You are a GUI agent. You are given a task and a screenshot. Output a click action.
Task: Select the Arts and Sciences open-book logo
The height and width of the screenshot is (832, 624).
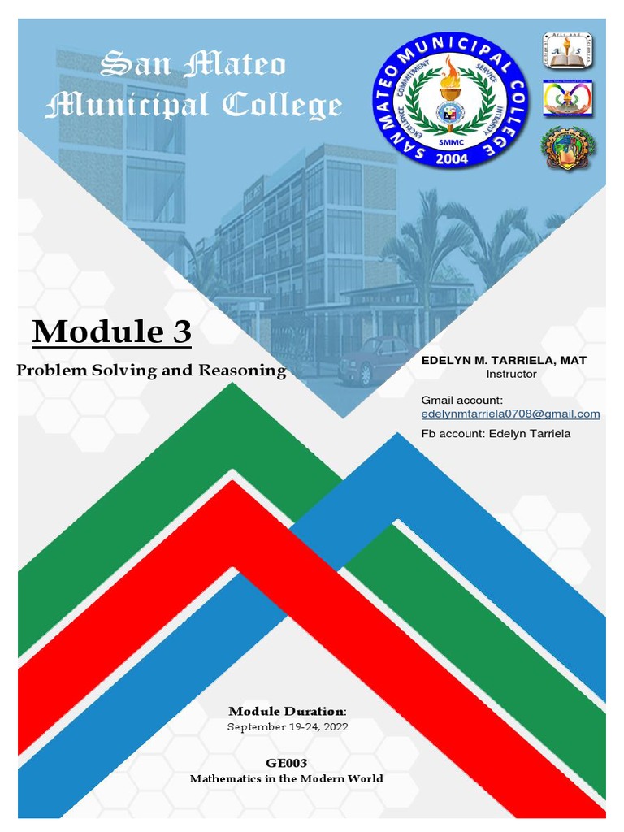(568, 50)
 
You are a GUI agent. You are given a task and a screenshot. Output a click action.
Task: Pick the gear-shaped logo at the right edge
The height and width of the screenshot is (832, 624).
(568, 147)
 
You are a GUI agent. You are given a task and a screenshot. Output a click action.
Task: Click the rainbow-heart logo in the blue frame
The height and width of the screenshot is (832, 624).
(568, 98)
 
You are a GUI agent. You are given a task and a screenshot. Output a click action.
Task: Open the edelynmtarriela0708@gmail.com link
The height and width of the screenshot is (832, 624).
(510, 414)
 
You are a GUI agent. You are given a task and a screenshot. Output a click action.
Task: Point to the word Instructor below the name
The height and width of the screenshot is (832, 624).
(511, 375)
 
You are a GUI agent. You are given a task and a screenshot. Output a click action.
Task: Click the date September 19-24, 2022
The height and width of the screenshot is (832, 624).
(288, 727)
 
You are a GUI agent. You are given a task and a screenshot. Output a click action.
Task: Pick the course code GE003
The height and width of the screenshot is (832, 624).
(287, 763)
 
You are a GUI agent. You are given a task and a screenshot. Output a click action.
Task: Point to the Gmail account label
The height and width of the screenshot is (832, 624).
(462, 400)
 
